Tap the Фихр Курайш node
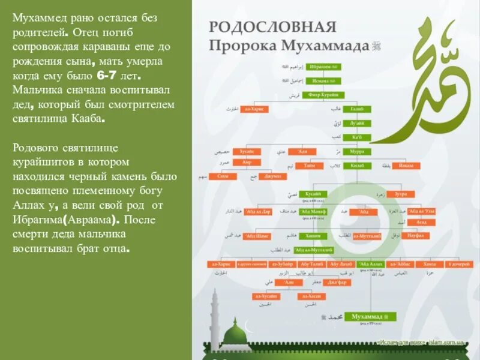[324, 95]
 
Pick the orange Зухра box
[400, 194]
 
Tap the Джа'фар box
[337, 282]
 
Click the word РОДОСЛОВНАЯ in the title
[272, 27]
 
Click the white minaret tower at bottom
[217, 318]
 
